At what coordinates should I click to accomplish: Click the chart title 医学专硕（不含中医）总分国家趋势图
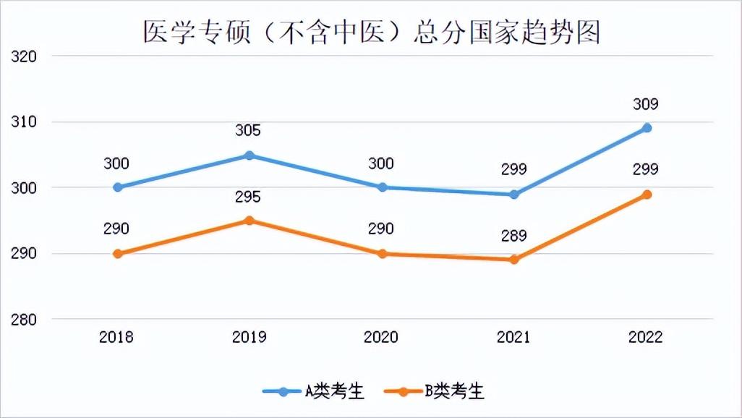coord(371,33)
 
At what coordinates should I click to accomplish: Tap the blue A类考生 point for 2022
coord(647,128)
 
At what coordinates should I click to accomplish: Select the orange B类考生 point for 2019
coord(249,221)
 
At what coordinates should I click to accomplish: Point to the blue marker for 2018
coord(117,187)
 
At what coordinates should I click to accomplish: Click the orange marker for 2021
coord(514,260)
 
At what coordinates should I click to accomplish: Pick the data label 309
coord(645,104)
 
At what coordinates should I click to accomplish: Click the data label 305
coord(248,131)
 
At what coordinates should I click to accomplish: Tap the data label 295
coord(248,197)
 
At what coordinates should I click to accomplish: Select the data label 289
coord(513,236)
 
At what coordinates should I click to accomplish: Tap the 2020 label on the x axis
coord(381,337)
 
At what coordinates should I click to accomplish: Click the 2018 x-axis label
coord(116,337)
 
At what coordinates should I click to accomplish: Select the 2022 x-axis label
coord(645,337)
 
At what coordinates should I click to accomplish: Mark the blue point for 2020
coord(382,187)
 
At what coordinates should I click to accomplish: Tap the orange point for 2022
coord(647,195)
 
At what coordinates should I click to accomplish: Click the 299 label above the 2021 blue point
coord(513,169)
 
